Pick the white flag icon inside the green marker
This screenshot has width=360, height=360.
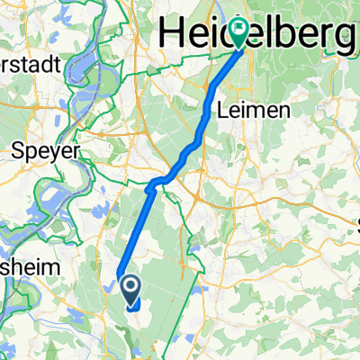click(238, 26)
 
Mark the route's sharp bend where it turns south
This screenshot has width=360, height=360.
click(149, 187)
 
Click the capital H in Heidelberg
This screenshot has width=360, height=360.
click(172, 34)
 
